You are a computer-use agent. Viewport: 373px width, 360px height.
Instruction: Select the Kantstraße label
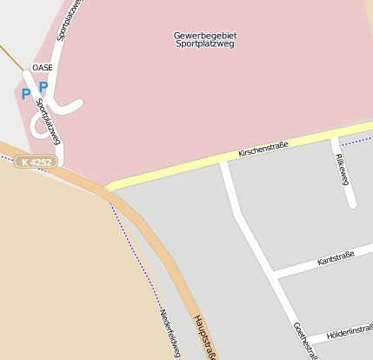coord(336,259)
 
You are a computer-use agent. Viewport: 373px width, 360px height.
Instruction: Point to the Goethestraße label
coord(305,341)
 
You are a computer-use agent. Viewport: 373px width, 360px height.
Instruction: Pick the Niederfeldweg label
coord(170,334)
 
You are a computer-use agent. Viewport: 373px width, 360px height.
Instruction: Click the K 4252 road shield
coord(37,162)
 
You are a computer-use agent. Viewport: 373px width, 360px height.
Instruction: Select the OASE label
coord(42,67)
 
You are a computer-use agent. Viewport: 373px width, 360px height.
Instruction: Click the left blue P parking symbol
coord(25,94)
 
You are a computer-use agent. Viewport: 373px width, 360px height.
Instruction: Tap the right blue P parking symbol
coord(43,87)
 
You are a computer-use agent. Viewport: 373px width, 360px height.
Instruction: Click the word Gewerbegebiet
coord(205,36)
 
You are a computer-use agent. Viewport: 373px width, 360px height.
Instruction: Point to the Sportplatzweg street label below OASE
coord(49,121)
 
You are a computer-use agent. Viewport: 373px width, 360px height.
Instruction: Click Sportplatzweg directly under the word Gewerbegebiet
coord(205,43)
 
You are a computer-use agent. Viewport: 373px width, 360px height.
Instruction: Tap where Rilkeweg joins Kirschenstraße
coord(334,137)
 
